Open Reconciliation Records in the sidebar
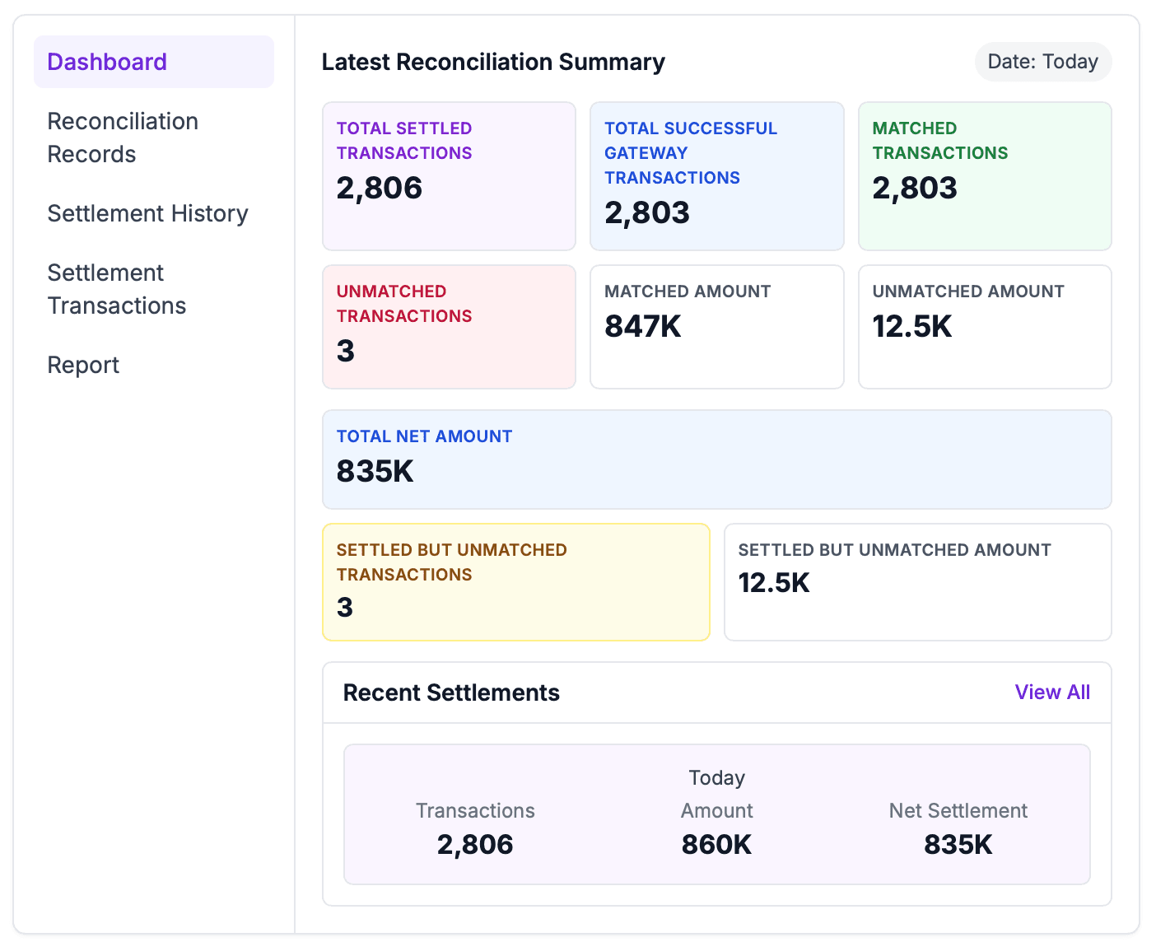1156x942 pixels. [123, 138]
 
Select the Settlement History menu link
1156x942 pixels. [147, 213]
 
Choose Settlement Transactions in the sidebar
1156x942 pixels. [116, 289]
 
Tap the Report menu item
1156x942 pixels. [83, 365]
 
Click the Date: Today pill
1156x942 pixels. [1042, 62]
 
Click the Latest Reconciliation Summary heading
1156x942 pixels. [493, 62]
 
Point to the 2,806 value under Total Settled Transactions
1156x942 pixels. [379, 189]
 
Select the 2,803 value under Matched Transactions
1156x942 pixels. [915, 189]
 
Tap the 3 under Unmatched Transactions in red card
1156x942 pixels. [346, 352]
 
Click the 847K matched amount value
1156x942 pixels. [642, 327]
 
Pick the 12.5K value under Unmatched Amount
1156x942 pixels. [911, 327]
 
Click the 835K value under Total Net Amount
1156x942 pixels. [375, 472]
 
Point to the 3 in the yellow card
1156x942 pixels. [345, 608]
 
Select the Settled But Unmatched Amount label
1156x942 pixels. [894, 550]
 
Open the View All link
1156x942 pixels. [1051, 693]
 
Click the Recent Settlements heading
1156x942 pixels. [451, 693]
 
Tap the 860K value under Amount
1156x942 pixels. [716, 845]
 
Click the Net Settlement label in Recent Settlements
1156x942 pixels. [958, 811]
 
